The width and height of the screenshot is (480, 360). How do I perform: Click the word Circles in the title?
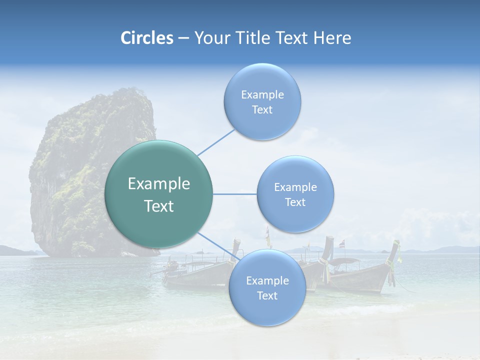point(146,38)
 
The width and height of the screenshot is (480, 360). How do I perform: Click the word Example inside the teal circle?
point(159,184)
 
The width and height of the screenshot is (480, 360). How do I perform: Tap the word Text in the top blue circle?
point(262,110)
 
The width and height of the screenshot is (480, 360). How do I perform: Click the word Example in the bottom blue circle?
point(267,280)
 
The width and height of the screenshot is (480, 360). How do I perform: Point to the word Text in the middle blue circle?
point(295,202)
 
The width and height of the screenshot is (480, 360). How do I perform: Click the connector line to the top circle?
point(216,142)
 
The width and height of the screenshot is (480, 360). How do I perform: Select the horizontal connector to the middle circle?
point(235,194)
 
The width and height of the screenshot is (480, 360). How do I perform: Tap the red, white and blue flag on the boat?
point(342,244)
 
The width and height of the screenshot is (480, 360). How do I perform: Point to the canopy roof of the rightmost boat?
point(345,261)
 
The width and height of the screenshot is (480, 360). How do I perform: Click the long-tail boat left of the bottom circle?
point(197,272)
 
